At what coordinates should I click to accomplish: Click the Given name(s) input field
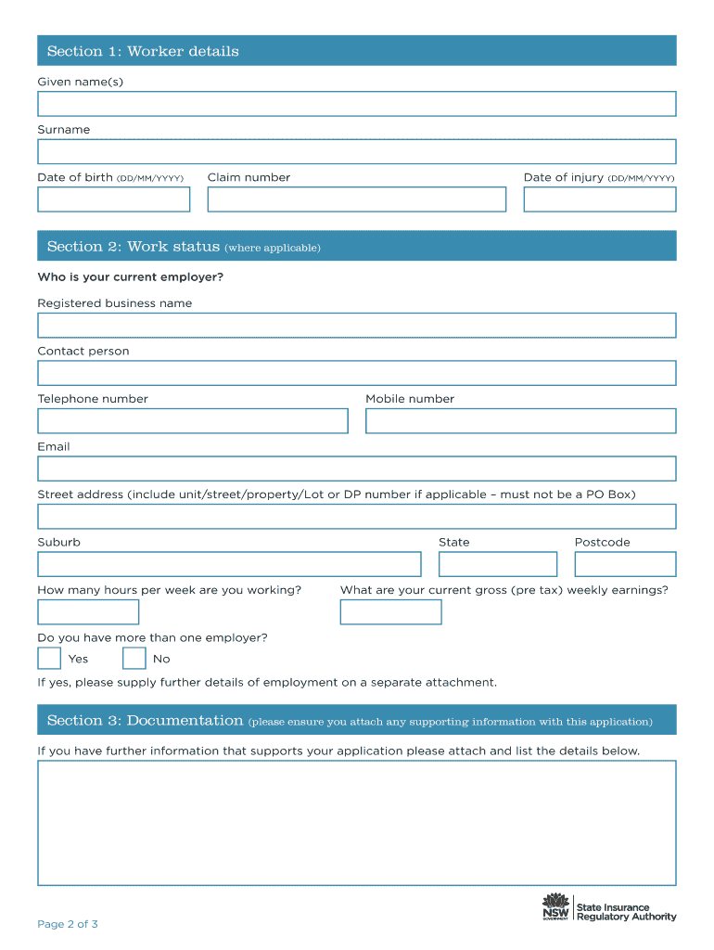[x=356, y=104]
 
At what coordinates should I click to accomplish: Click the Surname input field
[x=356, y=151]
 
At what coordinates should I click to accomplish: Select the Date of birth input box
[x=113, y=199]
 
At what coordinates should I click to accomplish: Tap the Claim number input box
[x=356, y=199]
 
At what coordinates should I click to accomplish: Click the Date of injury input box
[x=599, y=199]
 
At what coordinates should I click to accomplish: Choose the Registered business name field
[x=356, y=326]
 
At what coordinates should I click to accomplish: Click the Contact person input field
[x=356, y=373]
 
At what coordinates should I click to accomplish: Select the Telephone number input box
[x=192, y=421]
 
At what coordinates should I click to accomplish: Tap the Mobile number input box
[x=520, y=421]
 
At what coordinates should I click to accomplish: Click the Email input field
[x=356, y=469]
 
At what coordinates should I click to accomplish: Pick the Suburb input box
[x=229, y=564]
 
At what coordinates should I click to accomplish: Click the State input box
[x=497, y=564]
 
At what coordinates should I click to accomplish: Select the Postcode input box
[x=625, y=564]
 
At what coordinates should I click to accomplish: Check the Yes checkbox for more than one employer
[x=49, y=659]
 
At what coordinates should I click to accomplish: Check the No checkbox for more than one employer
[x=134, y=659]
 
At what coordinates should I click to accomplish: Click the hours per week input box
[x=88, y=612]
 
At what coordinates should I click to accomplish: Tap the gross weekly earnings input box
[x=390, y=612]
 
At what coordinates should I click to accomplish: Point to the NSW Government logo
[x=555, y=907]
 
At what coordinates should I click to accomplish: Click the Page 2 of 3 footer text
[x=68, y=924]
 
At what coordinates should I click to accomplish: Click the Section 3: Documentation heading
[x=145, y=721]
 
